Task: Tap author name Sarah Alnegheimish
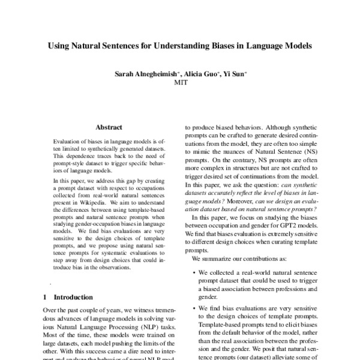[x=145, y=74]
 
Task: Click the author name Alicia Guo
[x=199, y=74]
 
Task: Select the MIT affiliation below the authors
[x=180, y=83]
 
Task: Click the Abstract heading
[x=109, y=127]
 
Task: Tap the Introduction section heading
[x=73, y=297]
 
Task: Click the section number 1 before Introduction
[x=46, y=297]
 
